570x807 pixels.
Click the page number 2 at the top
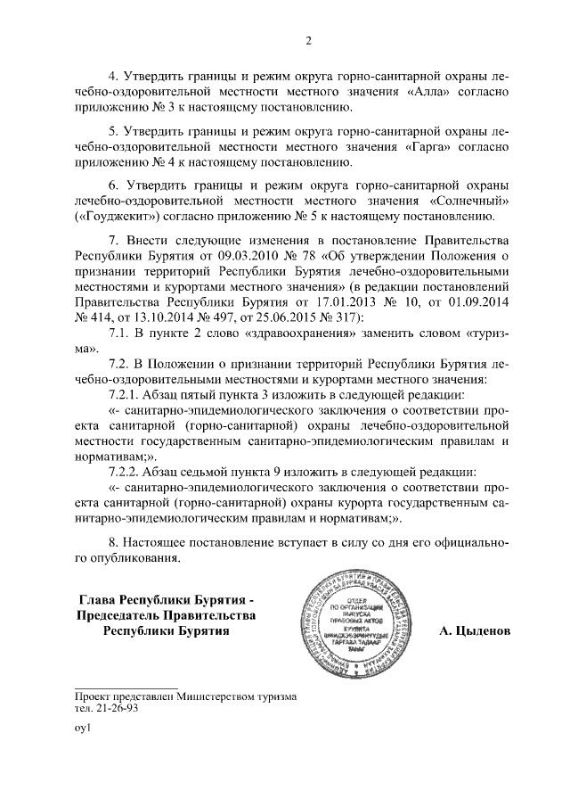pos(307,39)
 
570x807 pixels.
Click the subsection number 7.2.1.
pos(126,395)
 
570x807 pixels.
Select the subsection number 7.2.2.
pos(126,472)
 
